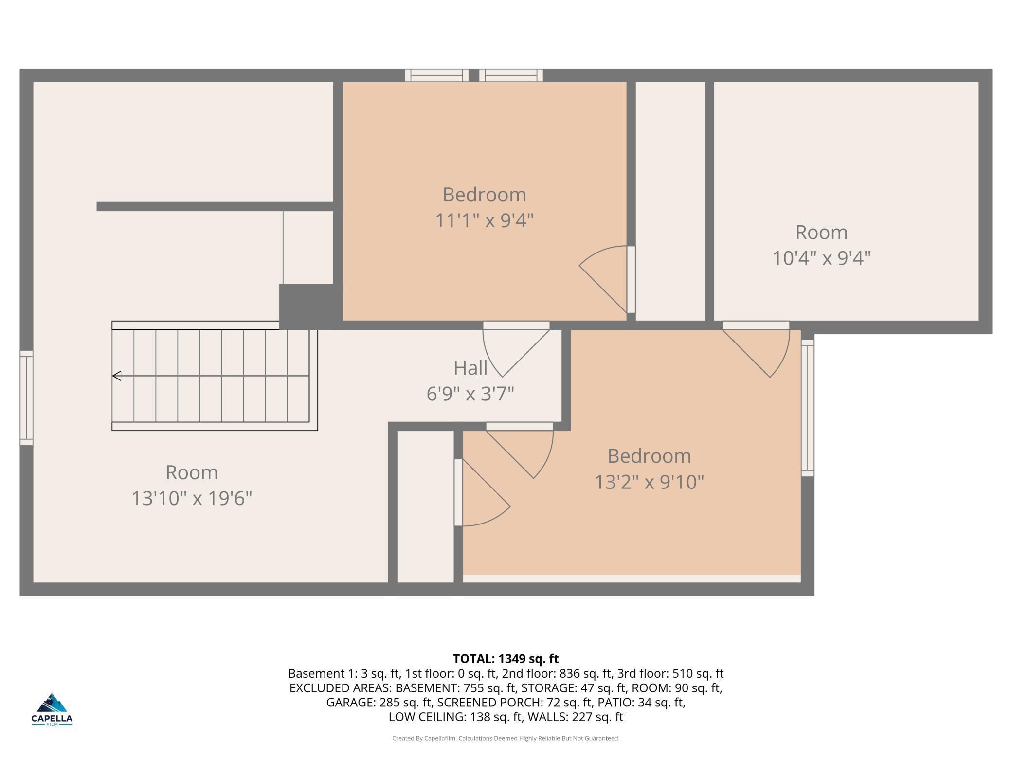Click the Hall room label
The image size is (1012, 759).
click(x=470, y=368)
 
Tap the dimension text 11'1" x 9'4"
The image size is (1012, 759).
click(x=484, y=221)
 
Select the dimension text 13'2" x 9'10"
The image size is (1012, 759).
click(x=649, y=482)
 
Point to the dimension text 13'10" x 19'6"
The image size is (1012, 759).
click(x=192, y=498)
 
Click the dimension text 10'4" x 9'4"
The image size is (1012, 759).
click(x=821, y=258)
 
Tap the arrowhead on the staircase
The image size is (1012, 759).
click(x=117, y=376)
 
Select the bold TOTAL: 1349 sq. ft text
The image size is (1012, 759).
click(x=506, y=659)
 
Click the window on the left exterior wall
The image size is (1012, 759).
click(x=26, y=398)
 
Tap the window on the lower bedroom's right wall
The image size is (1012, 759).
click(x=808, y=408)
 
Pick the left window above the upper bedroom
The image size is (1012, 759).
click(x=436, y=75)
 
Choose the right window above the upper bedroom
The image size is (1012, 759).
click(x=511, y=75)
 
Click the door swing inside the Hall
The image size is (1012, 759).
click(x=516, y=349)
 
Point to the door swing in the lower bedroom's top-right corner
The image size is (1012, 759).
click(x=756, y=349)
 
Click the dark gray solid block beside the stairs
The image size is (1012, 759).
click(x=310, y=307)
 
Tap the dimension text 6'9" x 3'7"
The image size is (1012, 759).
click(x=470, y=394)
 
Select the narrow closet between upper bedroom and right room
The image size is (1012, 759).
click(x=670, y=201)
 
